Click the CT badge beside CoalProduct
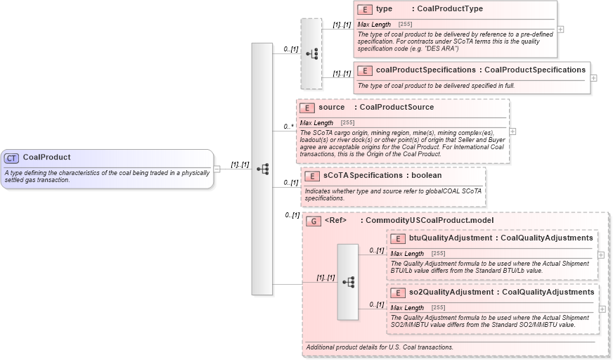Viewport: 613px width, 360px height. (12, 157)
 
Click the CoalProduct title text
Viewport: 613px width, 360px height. (46, 157)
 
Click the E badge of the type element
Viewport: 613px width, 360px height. (365, 9)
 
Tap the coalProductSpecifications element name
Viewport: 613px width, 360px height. (425, 70)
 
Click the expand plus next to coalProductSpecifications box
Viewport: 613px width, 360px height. (594, 77)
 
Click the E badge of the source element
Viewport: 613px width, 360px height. (307, 108)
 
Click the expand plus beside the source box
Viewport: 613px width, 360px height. (512, 131)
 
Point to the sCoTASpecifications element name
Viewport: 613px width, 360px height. (361, 175)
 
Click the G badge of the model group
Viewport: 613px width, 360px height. (314, 221)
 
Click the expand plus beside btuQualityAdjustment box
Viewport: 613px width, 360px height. (601, 255)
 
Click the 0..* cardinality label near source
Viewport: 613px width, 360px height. (288, 127)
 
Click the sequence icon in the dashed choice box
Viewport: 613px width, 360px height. (311, 53)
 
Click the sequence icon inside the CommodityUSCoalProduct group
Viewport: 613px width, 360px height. (347, 281)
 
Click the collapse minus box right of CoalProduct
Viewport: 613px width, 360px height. (217, 169)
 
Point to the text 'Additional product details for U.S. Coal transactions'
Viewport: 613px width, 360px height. (380, 347)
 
